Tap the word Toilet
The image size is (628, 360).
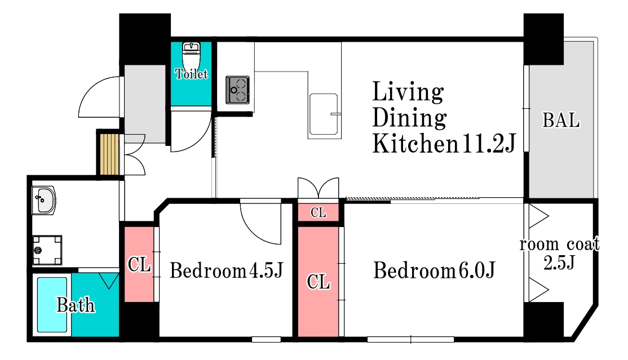(x=192, y=74)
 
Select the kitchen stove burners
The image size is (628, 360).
(x=237, y=90)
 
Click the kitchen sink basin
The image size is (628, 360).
(x=323, y=114)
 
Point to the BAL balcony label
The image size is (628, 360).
(x=561, y=120)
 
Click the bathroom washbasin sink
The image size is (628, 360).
(x=43, y=200)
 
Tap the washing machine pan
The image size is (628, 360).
(x=47, y=250)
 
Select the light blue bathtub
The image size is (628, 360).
(x=52, y=305)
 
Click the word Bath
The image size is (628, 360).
(x=76, y=305)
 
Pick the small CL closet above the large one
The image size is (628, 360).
(x=319, y=212)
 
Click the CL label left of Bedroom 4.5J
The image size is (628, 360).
(x=139, y=264)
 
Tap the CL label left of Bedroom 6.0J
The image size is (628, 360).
(x=319, y=282)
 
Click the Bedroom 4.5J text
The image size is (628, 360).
(x=227, y=270)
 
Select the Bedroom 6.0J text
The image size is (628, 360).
(x=435, y=270)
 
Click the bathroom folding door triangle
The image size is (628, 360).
(x=108, y=281)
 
